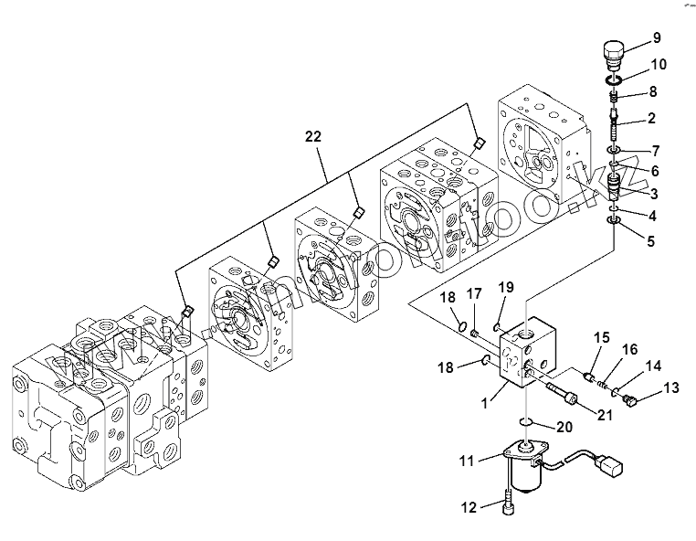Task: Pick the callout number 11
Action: click(467, 461)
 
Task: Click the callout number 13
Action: click(671, 387)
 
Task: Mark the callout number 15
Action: click(601, 338)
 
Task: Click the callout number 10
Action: click(659, 65)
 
